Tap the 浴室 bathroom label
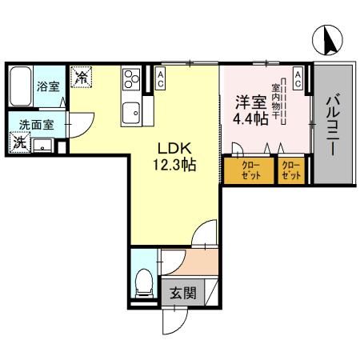click(x=47, y=86)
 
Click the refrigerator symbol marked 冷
click(x=82, y=78)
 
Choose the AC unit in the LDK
click(x=161, y=78)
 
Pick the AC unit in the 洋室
click(x=298, y=78)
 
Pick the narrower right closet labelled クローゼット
click(x=292, y=170)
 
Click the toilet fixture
click(x=145, y=282)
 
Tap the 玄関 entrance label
click(x=182, y=294)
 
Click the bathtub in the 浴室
click(x=22, y=85)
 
